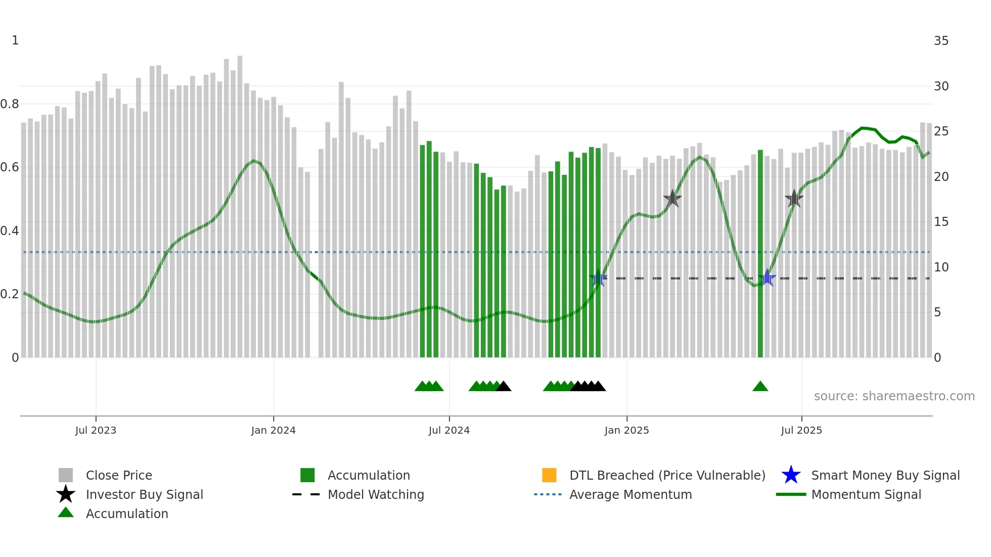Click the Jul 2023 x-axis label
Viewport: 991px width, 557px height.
coord(96,430)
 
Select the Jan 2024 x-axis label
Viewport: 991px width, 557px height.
coord(273,430)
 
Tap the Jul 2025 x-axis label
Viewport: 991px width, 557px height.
coord(801,430)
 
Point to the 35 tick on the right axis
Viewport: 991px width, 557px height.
coord(941,41)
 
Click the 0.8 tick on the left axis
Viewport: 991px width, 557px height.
coord(10,104)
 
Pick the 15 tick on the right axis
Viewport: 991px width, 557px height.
coord(941,222)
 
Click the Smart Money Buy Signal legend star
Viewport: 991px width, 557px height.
coord(791,475)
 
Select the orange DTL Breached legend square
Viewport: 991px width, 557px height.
coord(549,475)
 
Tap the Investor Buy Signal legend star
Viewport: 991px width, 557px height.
coord(66,494)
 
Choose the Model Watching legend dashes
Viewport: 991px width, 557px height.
coord(306,494)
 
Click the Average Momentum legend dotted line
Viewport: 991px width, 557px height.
coord(548,494)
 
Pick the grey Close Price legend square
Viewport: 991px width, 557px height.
coord(66,475)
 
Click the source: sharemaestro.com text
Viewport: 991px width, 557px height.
coord(894,396)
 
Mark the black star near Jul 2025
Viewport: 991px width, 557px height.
coord(794,199)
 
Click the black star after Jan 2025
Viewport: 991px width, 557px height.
coord(672,199)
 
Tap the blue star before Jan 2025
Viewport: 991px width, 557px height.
coord(598,278)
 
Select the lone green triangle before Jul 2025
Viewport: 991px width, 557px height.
coord(760,387)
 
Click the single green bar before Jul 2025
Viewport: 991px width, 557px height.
coord(760,253)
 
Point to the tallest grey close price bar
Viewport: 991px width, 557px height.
coord(240,202)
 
